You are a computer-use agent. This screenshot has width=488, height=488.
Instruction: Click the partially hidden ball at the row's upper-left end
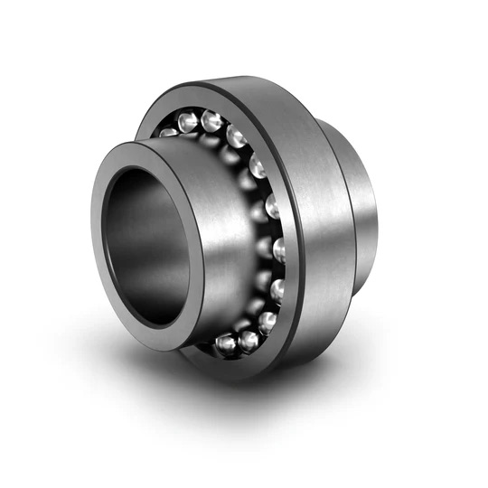tap(168, 131)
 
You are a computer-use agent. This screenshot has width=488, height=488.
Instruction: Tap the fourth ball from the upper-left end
tap(237, 137)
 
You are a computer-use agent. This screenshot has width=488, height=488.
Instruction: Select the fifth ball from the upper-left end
tap(258, 167)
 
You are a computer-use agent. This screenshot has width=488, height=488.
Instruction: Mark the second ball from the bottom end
tap(249, 340)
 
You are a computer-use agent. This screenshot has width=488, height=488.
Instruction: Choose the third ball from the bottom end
tap(267, 319)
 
